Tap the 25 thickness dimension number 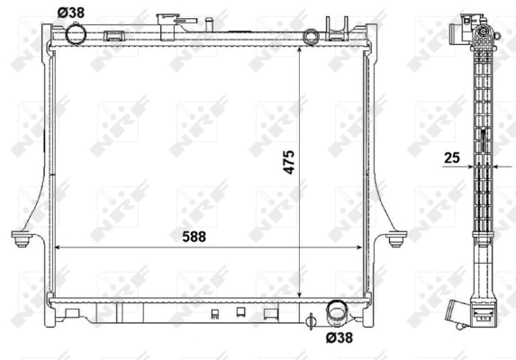pyautogui.click(x=451, y=158)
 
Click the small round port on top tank pyautogui.click(x=312, y=37)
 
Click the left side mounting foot pyautogui.click(x=21, y=238)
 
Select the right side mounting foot pyautogui.click(x=397, y=238)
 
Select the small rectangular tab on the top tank pyautogui.click(x=114, y=37)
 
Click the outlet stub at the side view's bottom pyautogui.click(x=481, y=316)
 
